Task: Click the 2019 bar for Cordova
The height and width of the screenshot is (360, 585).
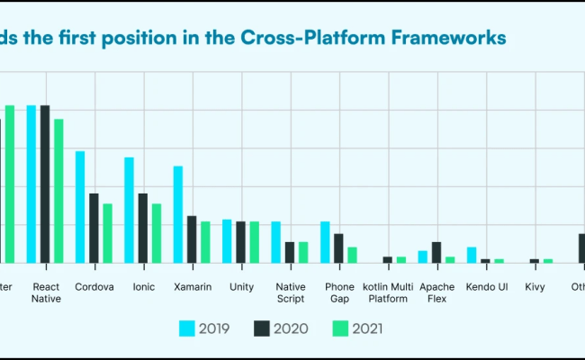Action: click(80, 207)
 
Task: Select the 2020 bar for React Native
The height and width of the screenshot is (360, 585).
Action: click(45, 184)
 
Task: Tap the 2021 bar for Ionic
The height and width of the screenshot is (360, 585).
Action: click(156, 233)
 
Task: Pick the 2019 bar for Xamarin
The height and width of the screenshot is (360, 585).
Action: click(178, 214)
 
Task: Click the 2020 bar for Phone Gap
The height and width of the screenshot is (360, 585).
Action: click(338, 248)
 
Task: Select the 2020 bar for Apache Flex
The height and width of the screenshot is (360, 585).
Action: click(436, 252)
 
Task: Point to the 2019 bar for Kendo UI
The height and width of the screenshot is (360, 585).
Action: click(472, 255)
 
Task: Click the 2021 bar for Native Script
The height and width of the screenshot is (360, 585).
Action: click(303, 252)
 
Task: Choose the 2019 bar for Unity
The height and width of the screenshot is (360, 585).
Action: click(227, 241)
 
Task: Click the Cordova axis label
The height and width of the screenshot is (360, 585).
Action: click(94, 287)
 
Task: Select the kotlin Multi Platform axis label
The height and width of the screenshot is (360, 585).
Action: click(388, 292)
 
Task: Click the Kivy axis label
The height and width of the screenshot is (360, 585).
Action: click(535, 287)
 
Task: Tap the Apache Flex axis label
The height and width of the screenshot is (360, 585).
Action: click(436, 292)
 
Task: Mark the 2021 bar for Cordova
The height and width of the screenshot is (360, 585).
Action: click(107, 233)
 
